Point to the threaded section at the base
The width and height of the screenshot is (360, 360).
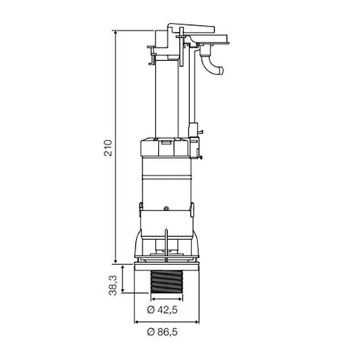click(x=169, y=284)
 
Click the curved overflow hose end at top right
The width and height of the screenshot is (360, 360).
click(x=218, y=70)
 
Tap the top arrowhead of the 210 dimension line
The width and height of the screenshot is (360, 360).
click(x=115, y=33)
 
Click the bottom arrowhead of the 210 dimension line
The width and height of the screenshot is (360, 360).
click(x=115, y=261)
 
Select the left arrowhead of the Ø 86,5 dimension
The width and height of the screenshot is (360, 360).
click(x=134, y=322)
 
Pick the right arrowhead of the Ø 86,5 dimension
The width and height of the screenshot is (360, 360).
click(x=204, y=322)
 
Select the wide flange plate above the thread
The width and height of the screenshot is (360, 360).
click(x=169, y=265)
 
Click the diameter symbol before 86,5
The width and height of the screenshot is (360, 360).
click(x=152, y=331)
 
